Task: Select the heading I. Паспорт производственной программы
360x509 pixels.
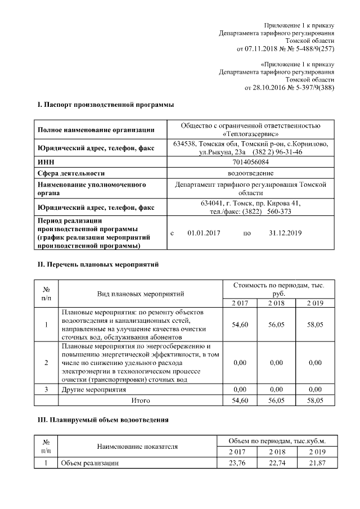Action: (105, 105)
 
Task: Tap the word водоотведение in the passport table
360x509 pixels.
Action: (251, 173)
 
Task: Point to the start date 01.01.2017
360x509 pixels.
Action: (204, 233)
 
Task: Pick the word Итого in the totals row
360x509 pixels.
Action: (141, 400)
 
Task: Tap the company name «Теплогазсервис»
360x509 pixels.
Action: (251, 134)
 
